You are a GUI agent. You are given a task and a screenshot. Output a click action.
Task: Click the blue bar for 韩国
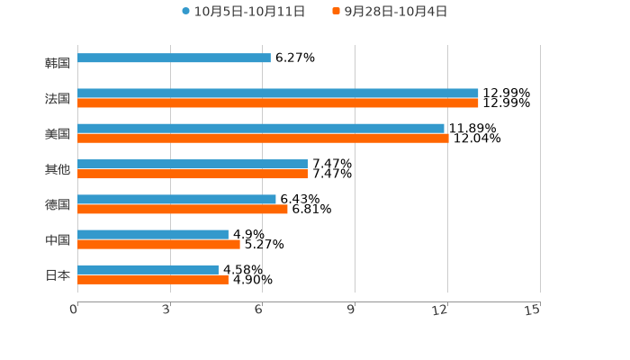(x=174, y=58)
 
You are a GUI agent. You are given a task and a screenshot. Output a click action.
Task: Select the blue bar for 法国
(x=278, y=93)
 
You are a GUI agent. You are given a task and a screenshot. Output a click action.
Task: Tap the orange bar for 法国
(x=278, y=103)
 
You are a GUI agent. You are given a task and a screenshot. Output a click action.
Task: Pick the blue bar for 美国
(x=261, y=128)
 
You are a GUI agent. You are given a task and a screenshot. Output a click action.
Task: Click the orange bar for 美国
(x=263, y=139)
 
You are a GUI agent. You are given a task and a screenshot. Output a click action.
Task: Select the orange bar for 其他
(x=193, y=174)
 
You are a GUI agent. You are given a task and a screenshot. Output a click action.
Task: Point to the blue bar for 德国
(x=176, y=199)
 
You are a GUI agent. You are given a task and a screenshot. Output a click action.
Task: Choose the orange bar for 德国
(x=183, y=209)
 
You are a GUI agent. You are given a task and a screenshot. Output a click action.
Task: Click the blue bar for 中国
(x=153, y=234)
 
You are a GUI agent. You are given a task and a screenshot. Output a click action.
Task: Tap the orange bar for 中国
(x=158, y=244)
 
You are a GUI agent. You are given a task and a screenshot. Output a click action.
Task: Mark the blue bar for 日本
(x=148, y=269)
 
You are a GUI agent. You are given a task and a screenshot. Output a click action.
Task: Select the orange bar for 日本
(x=153, y=280)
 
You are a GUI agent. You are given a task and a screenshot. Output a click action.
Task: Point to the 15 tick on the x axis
(x=532, y=310)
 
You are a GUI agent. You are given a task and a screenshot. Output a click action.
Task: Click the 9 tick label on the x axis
(x=351, y=310)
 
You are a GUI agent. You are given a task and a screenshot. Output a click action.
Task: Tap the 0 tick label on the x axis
(x=74, y=310)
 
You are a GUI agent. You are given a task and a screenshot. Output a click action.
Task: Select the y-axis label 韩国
(x=58, y=64)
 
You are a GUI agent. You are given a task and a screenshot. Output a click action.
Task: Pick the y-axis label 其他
(x=58, y=169)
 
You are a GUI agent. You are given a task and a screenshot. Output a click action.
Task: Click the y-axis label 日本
(x=58, y=275)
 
